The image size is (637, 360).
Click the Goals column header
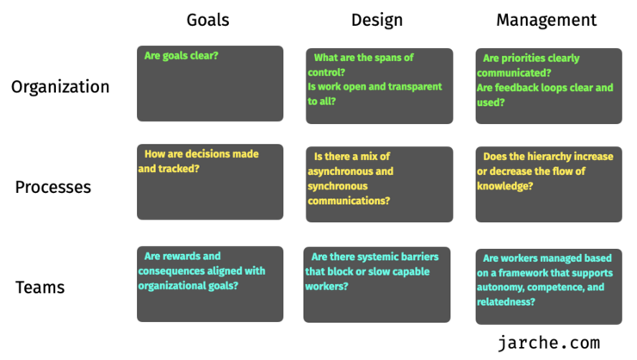point(207,20)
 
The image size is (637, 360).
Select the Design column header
point(377,21)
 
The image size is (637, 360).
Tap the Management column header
point(547,21)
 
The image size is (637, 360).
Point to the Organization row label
point(60,87)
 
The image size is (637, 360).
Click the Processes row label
point(53,187)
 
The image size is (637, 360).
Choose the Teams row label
point(40,288)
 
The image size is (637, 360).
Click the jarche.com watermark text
point(549,343)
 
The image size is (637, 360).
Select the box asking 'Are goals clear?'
point(210,84)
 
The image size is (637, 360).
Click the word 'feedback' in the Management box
point(514,88)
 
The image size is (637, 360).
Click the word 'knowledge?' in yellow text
point(505,186)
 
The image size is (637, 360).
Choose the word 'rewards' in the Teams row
point(181,257)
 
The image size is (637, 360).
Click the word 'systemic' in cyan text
point(364,257)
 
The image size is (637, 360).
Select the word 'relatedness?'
point(506,302)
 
